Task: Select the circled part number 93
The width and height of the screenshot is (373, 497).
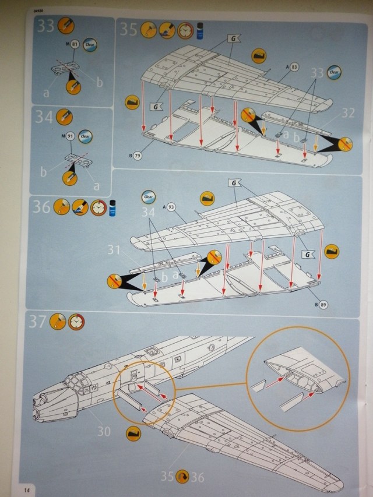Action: click(x=171, y=206)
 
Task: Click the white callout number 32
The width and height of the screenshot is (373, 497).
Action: click(x=347, y=113)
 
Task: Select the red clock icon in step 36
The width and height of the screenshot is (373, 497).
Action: click(x=98, y=207)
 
